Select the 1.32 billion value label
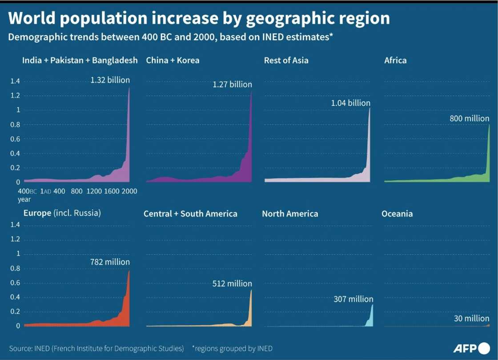coord(110,80)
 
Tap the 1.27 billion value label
coord(232,84)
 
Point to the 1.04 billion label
coord(350,103)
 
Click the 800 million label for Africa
coord(469,119)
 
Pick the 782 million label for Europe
coord(110,262)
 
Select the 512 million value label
coord(232,283)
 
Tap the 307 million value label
coord(353,299)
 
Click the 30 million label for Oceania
coord(472,318)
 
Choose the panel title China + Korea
coord(173,60)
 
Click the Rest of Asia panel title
coord(286,60)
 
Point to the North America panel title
coord(290,214)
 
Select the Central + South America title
coord(190,214)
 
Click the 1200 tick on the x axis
coord(94,191)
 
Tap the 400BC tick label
coord(27,191)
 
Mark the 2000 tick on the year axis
coord(129,191)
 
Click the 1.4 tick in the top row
coord(15,81)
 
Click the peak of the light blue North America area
coord(372,305)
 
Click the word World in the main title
coord(34,18)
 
